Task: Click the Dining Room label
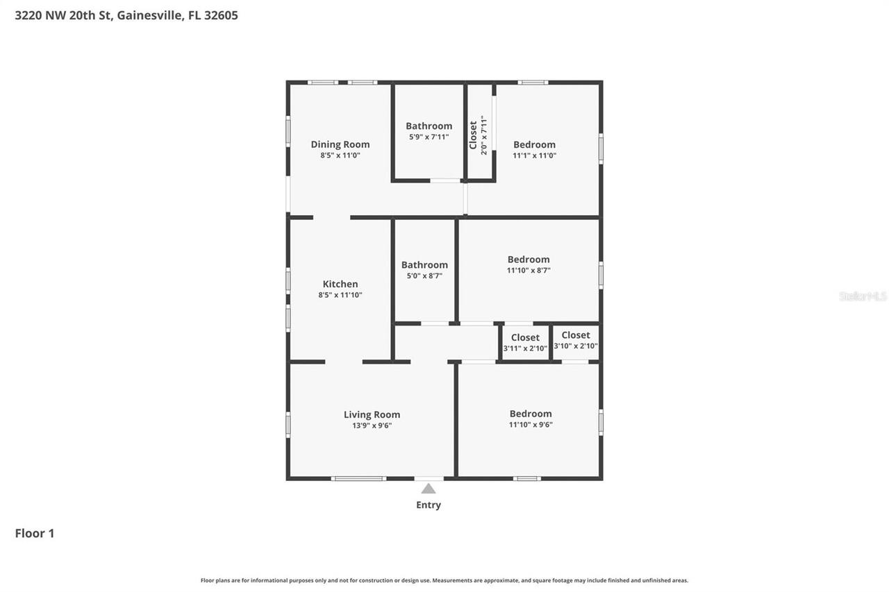[x=340, y=144]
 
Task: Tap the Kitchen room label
[x=340, y=284]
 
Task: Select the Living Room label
[x=372, y=415]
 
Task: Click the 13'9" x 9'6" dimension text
[x=372, y=426]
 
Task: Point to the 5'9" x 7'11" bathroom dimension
[x=429, y=137]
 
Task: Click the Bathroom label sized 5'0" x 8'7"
[x=424, y=264]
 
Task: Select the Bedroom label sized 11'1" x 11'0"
[x=534, y=144]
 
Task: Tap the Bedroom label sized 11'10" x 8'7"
[x=529, y=260]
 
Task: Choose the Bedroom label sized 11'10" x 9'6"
[x=531, y=414]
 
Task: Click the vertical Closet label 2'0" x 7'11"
[x=474, y=135]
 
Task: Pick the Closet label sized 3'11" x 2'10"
[x=525, y=337]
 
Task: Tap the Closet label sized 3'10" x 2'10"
[x=576, y=335]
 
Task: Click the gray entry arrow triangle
[x=429, y=489]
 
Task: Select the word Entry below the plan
[x=429, y=505]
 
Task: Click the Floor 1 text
[x=35, y=533]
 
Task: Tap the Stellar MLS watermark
[x=863, y=296]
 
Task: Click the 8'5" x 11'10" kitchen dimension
[x=340, y=295]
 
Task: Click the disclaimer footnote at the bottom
[x=444, y=580]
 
